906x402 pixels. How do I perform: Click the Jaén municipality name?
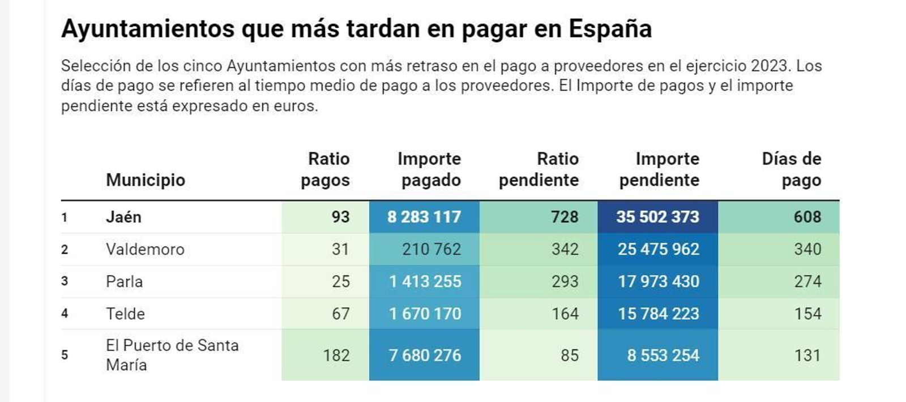[123, 217]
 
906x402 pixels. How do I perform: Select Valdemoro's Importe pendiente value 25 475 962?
[658, 249]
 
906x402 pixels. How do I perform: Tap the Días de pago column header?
[791, 169]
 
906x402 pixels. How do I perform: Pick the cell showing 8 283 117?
[424, 217]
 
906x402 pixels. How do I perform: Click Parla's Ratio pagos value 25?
[340, 281]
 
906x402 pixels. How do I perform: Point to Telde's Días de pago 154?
[807, 314]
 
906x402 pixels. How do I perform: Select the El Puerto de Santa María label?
[172, 355]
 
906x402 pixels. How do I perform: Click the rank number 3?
[65, 281]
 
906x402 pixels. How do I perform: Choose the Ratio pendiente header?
[539, 169]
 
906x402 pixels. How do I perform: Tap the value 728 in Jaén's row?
[565, 217]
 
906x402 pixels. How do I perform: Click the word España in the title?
[610, 28]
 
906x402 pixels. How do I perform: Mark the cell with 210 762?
[431, 249]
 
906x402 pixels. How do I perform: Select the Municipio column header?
[146, 180]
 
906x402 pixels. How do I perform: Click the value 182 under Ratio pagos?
[336, 356]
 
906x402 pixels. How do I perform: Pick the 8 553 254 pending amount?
[663, 356]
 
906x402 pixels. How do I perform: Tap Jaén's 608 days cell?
[807, 217]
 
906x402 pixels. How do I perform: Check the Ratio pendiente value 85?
[569, 356]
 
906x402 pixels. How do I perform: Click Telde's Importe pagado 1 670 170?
[425, 314]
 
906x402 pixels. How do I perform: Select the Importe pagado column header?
[429, 169]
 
